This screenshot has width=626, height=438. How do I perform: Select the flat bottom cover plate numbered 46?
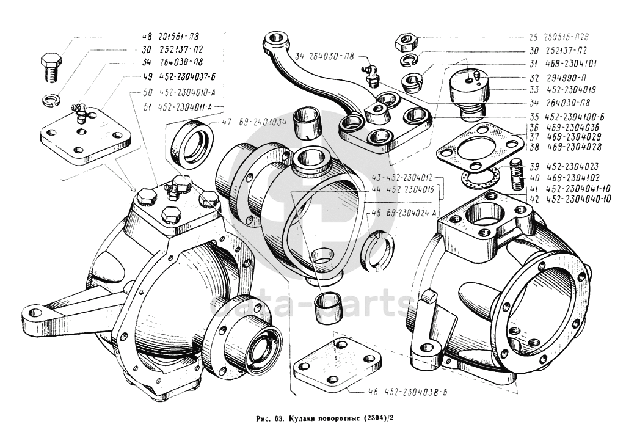point(332,367)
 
